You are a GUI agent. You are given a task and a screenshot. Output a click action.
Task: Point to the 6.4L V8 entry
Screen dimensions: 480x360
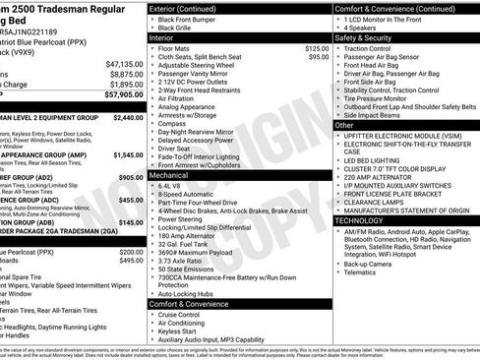click(x=172, y=185)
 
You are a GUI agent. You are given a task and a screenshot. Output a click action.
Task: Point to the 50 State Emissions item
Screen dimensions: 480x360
click(x=190, y=269)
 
